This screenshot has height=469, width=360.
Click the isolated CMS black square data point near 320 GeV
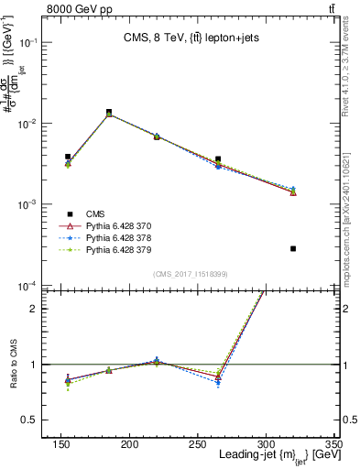pos(293,248)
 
